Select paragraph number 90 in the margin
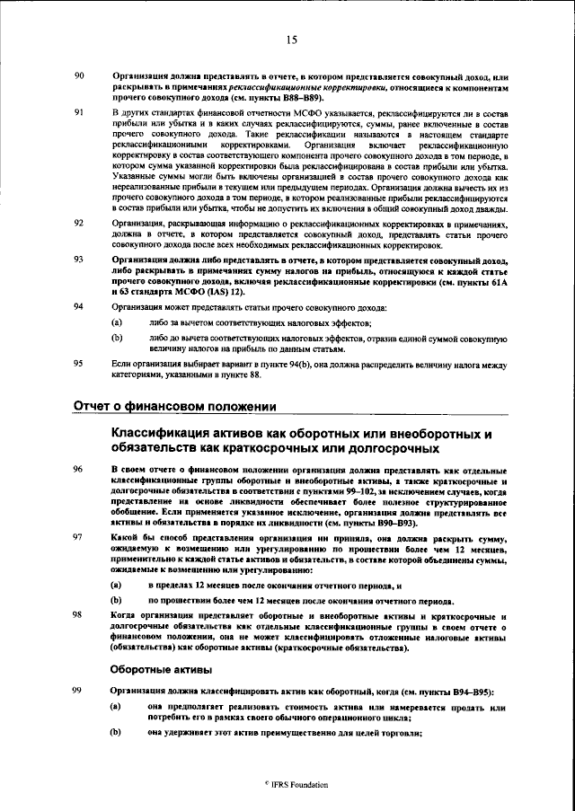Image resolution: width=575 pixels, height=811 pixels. pos(78,75)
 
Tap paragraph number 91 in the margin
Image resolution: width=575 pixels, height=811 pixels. pos(78,112)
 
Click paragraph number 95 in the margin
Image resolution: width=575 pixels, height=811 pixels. pos(78,362)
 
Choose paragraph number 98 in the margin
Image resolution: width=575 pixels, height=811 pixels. pos(78,615)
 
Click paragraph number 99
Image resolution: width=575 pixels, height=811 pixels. pos(78,690)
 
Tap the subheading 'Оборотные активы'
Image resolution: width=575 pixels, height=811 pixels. pos(161,668)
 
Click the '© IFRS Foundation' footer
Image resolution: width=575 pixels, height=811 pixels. pos(290,783)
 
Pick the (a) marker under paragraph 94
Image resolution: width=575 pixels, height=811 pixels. pos(117,321)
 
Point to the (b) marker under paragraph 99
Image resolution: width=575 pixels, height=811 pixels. pos(117,734)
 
